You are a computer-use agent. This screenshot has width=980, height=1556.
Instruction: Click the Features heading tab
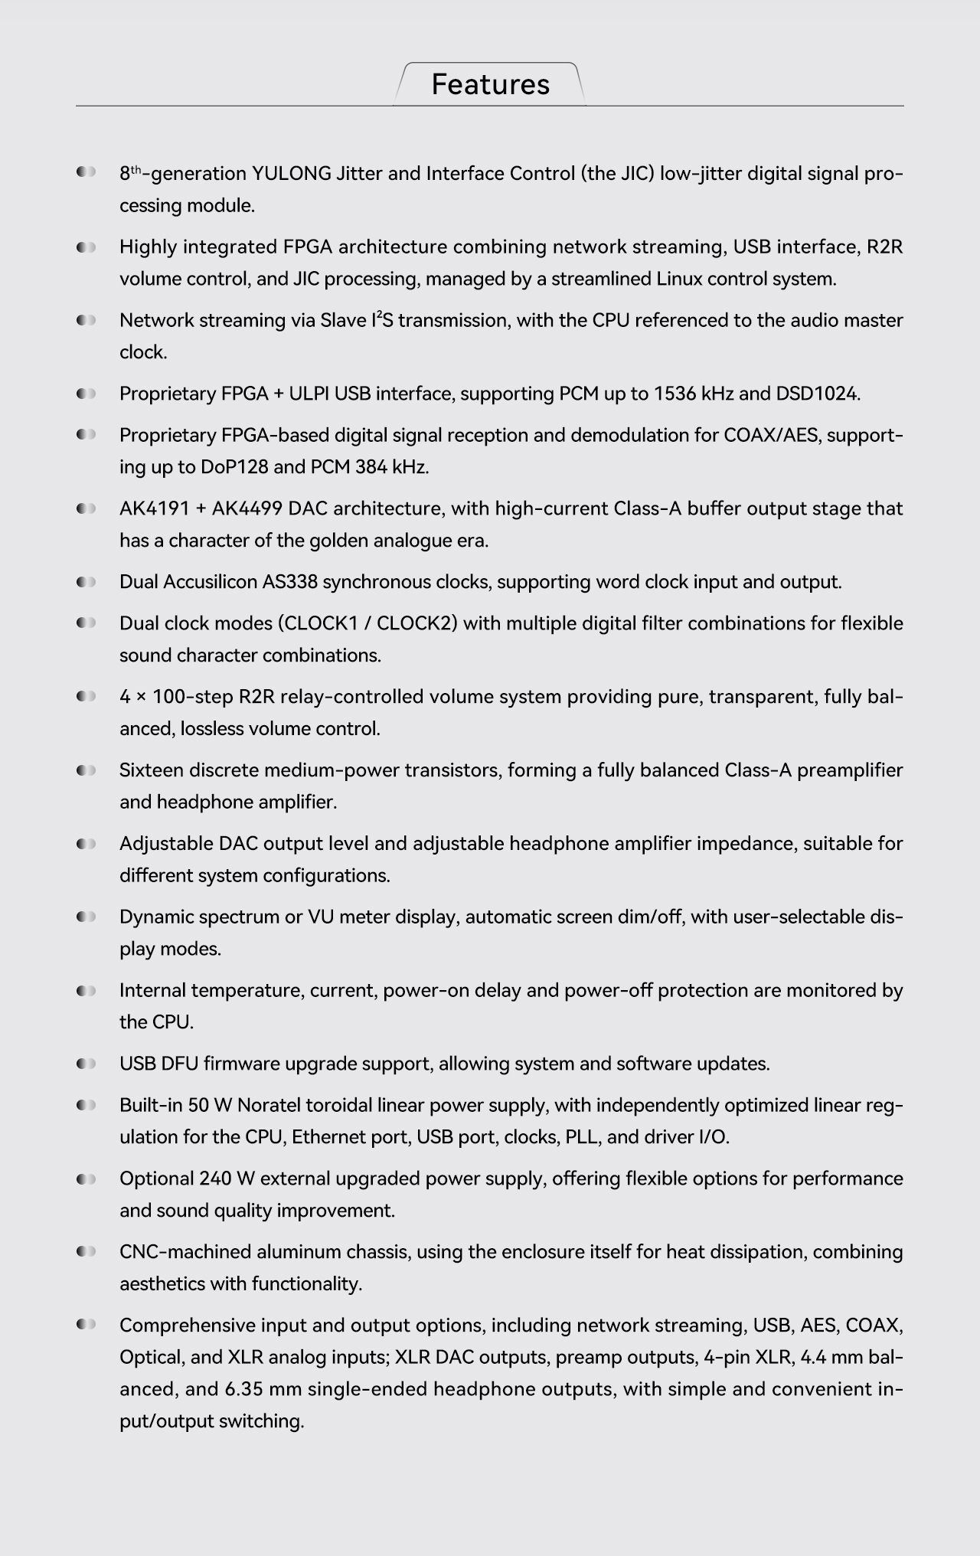(490, 84)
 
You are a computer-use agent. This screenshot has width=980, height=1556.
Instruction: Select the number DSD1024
(817, 394)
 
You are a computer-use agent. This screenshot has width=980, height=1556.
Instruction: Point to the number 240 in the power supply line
(215, 1178)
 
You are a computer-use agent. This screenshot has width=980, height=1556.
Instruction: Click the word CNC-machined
(185, 1252)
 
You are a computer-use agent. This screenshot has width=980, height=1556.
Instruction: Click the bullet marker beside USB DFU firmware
(86, 1064)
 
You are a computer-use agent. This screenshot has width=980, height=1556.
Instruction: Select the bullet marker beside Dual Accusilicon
(86, 582)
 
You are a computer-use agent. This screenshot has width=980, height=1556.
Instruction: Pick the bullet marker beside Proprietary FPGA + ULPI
(86, 394)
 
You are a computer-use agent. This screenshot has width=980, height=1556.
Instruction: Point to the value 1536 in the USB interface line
(674, 394)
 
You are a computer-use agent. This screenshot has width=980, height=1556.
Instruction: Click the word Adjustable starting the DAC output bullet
(166, 844)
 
